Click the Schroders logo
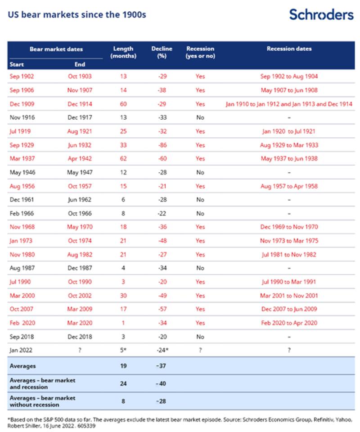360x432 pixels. [x=321, y=14]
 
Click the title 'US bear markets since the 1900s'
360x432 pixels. [x=76, y=14]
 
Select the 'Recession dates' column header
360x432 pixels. [x=289, y=49]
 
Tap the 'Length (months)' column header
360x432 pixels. [x=123, y=52]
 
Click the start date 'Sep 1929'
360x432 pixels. [x=22, y=145]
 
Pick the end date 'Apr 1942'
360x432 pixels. [x=79, y=158]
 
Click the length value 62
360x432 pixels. [x=123, y=158]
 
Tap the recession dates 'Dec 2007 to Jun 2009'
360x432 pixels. [x=289, y=309]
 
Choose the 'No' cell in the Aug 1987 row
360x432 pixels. [x=200, y=268]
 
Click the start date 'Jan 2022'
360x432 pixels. [x=21, y=350]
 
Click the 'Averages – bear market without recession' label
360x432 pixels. [x=42, y=401]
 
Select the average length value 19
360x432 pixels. [x=123, y=366]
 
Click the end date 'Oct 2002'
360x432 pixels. [x=79, y=295]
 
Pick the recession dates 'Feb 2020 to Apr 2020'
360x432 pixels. [x=289, y=323]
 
